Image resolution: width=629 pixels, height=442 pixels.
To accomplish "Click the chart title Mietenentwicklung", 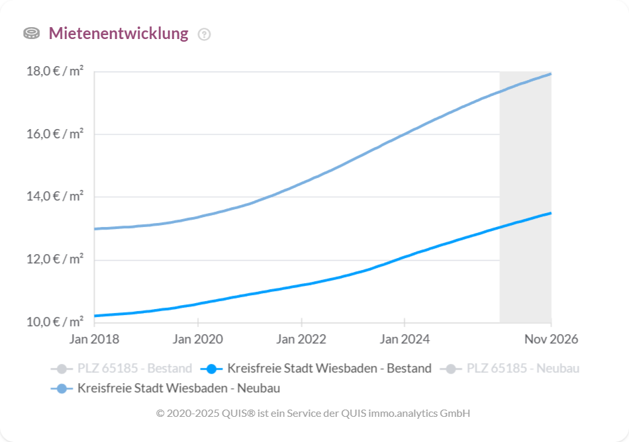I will point(119,33).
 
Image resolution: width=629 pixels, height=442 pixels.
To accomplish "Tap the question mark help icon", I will point(205,34).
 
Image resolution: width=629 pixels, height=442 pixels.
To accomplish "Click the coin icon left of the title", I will point(31,33).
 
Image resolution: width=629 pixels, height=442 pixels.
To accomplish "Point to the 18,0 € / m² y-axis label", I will point(55,71).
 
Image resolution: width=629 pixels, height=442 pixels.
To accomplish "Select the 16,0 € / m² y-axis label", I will point(55,134).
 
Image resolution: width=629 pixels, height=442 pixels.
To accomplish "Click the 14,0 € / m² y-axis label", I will point(55,197).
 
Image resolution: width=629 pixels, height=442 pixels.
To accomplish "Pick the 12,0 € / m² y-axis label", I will point(55,259).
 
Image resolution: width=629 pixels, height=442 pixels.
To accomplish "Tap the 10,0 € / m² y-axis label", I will point(55,322).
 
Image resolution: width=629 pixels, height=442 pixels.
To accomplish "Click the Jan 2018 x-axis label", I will point(95,339).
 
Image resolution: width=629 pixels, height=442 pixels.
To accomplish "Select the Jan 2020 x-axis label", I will point(198,339).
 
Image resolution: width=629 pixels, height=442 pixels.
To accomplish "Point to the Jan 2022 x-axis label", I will point(301,339).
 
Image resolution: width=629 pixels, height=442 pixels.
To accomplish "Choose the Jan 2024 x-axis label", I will point(405,339).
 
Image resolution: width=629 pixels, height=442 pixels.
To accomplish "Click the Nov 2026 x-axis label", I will point(551,339).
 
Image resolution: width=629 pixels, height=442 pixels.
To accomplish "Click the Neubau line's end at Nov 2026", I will point(551,73).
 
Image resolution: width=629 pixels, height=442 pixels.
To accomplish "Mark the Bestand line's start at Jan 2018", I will point(95,316).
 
